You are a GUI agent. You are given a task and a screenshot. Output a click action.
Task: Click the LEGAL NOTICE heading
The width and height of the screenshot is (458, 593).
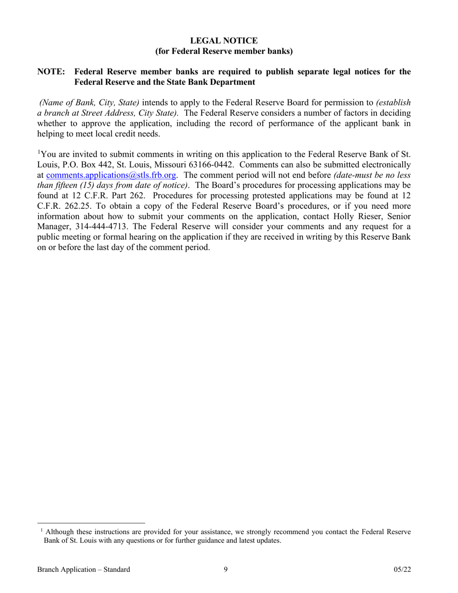(224, 41)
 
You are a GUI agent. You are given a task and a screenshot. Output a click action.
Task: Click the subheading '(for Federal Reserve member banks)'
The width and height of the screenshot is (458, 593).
(224, 51)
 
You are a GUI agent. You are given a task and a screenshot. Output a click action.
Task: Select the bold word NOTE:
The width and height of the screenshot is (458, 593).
(51, 72)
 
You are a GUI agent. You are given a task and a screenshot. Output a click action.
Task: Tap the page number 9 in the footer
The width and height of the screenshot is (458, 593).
(226, 570)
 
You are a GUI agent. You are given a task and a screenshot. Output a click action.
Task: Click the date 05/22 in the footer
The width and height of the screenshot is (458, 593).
(402, 570)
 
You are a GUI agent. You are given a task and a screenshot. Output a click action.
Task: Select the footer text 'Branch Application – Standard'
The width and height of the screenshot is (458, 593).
(83, 570)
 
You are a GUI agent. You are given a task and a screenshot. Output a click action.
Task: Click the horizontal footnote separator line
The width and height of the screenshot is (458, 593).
(91, 523)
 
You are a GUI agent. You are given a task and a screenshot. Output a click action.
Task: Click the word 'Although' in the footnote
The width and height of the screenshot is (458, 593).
(61, 532)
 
